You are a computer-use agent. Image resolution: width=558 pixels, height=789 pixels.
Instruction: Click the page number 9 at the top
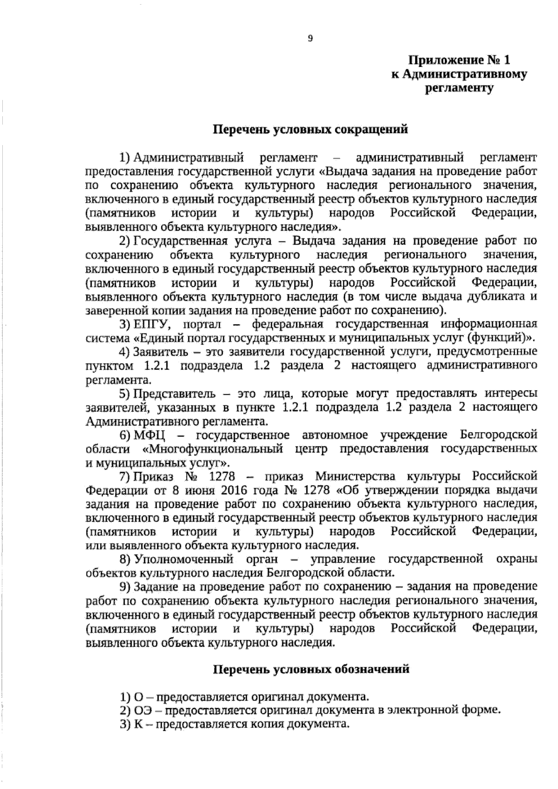(311, 39)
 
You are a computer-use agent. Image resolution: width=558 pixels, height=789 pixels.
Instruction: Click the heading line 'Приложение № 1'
(459, 60)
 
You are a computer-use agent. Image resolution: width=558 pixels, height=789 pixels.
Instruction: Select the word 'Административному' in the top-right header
(465, 74)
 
